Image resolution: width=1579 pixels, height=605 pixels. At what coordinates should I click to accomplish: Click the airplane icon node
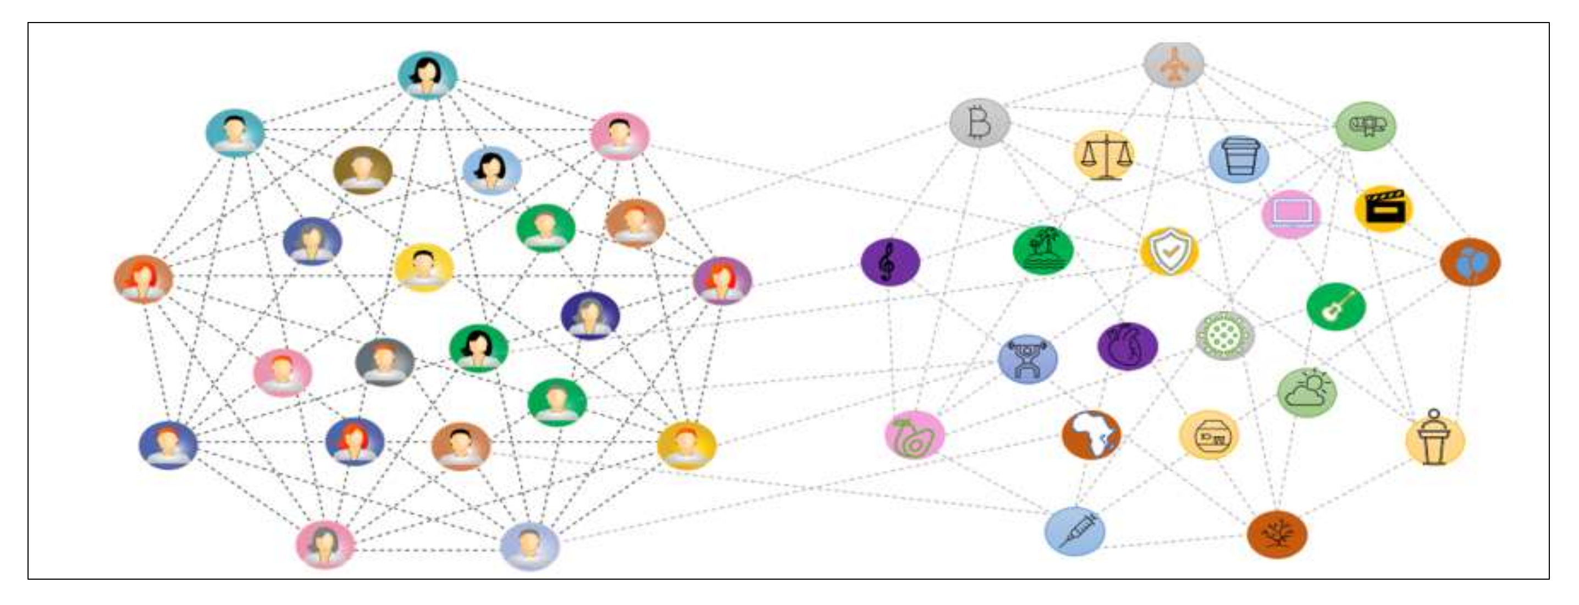click(1174, 64)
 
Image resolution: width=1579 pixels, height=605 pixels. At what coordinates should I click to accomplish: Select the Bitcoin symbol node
click(980, 123)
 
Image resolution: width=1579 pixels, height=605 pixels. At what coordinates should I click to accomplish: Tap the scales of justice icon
click(1104, 156)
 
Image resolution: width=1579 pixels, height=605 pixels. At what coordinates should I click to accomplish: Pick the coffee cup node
click(1239, 159)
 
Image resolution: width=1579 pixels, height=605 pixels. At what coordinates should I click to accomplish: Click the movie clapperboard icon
click(1383, 209)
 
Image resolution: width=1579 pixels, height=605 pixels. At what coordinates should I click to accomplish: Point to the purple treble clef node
click(890, 262)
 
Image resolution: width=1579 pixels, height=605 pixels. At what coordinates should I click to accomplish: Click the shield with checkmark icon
click(1169, 251)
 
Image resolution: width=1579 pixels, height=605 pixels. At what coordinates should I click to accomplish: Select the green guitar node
click(1335, 306)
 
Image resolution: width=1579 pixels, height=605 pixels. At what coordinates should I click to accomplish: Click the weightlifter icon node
click(1028, 359)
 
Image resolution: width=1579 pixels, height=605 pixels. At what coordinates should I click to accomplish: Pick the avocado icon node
click(914, 435)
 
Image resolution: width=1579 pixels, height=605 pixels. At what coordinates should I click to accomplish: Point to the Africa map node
click(1091, 435)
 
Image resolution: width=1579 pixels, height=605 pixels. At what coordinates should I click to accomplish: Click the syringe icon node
click(1074, 531)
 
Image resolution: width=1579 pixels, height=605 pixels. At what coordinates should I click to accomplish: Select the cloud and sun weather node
click(1307, 392)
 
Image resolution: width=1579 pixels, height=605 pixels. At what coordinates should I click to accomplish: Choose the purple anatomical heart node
click(1127, 346)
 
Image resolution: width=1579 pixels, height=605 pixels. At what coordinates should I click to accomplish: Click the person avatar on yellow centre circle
click(423, 268)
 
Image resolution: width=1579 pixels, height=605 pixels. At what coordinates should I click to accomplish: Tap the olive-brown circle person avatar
click(363, 170)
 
